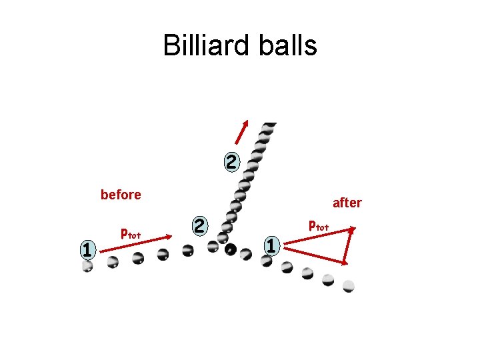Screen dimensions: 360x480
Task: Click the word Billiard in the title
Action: coord(203,45)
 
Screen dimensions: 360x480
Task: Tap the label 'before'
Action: coord(121,195)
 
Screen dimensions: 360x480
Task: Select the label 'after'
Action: coord(347,202)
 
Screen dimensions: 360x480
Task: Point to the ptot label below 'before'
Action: coord(130,233)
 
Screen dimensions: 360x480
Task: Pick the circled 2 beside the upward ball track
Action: coord(230,161)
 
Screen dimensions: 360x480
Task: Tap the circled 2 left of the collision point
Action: coord(199,225)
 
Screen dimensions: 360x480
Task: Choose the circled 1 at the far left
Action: coord(85,249)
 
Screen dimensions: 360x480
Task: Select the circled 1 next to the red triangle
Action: coord(269,245)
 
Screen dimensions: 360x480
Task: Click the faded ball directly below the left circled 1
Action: coord(87,266)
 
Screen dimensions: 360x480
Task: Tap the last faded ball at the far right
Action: coord(348,286)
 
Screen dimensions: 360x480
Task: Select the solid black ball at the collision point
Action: coord(231,251)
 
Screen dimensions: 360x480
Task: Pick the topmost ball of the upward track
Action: coord(269,125)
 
